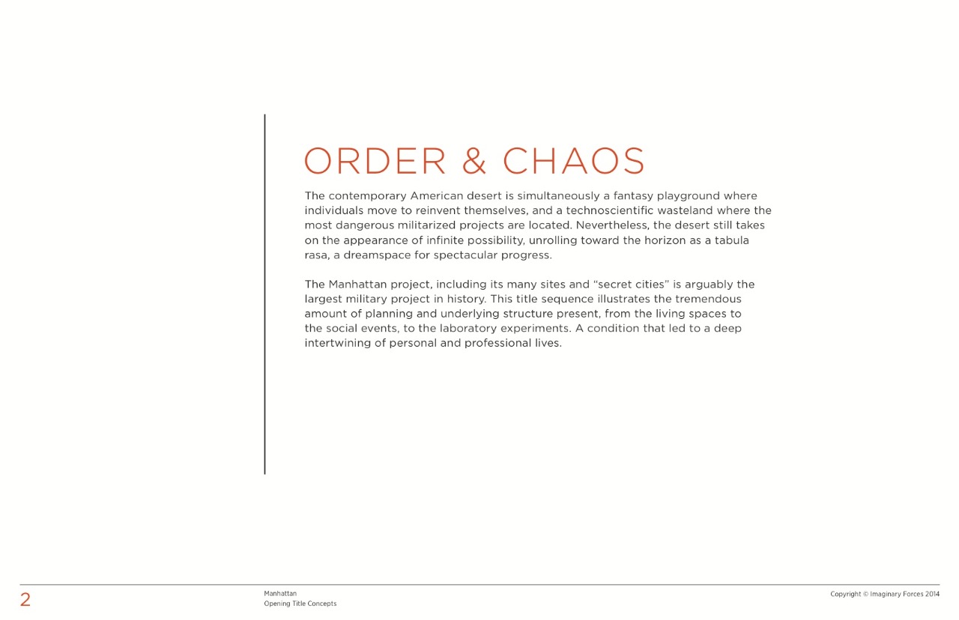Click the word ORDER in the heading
[x=375, y=161]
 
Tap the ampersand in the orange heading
[x=474, y=161]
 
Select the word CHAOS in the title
[x=573, y=161]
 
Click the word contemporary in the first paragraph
[x=367, y=196]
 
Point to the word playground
[x=688, y=196]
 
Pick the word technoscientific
[x=610, y=210]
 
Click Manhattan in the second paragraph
[x=357, y=285]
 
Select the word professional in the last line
[x=492, y=344]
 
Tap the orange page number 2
[x=25, y=600]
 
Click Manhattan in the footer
[x=280, y=594]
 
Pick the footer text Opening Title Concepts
[x=300, y=604]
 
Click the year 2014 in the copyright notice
[x=932, y=595]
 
